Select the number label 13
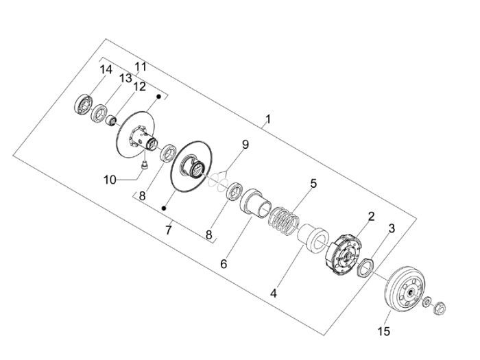pos(125,78)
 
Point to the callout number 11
pos(141,67)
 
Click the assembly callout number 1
pos(268,119)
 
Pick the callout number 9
pos(245,144)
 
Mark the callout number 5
pos(313,183)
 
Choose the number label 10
pos(110,180)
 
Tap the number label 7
pos(168,230)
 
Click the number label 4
pos(274,293)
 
